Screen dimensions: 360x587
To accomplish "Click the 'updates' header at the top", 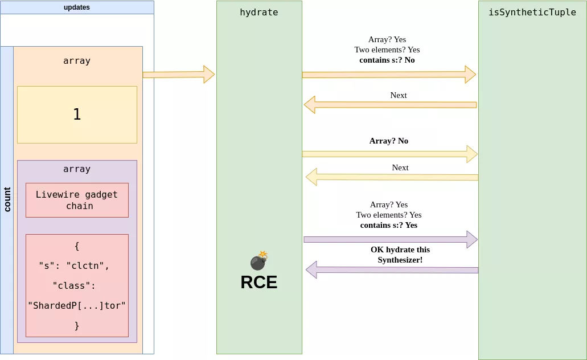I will point(77,7).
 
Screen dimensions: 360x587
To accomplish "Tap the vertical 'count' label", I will point(7,199).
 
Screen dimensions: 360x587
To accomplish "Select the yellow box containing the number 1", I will point(77,114).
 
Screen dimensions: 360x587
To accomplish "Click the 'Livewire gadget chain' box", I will point(77,200).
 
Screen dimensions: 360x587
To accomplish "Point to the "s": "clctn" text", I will point(74,265).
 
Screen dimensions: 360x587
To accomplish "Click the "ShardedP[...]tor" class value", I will point(77,305).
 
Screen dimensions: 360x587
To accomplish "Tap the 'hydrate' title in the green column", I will point(259,12).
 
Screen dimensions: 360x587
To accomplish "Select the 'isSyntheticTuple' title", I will point(532,12).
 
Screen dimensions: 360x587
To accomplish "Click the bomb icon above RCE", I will point(259,261).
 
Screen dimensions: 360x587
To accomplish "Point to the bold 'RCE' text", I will point(259,282).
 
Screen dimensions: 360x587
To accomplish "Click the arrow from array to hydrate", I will point(178,74).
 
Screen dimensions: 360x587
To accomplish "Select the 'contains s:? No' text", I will point(387,60).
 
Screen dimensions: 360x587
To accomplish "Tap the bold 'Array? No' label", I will point(389,141).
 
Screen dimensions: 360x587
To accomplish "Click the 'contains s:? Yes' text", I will point(389,225).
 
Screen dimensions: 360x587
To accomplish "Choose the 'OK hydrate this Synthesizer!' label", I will point(400,255).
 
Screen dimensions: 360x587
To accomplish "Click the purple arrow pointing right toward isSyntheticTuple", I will point(391,239).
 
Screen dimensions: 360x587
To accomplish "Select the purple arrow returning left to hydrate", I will point(392,269).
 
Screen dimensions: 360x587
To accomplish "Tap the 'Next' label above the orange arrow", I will point(399,95).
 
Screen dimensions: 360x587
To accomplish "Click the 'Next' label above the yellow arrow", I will point(400,167).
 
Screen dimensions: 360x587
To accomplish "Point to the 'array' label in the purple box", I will point(77,169).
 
